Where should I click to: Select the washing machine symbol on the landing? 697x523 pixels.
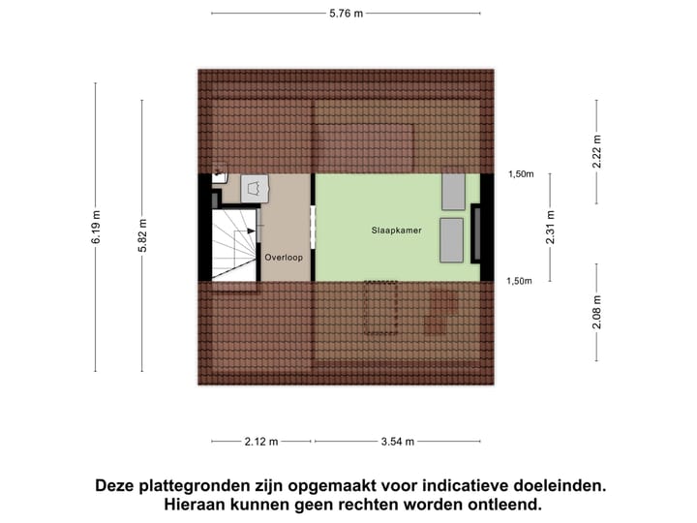(x=256, y=189)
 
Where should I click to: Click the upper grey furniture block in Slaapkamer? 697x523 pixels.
(x=453, y=193)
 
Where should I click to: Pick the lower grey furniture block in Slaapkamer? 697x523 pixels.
(x=452, y=240)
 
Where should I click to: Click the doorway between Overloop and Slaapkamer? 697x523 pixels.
(x=313, y=228)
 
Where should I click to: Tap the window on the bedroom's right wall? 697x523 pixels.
(x=476, y=233)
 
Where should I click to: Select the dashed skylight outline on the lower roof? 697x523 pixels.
(x=380, y=307)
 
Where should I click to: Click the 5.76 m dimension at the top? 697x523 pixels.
(x=346, y=14)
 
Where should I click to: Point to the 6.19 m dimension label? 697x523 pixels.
(x=96, y=228)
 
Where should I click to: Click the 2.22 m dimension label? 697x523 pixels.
(x=596, y=152)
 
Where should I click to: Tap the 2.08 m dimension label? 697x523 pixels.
(x=596, y=312)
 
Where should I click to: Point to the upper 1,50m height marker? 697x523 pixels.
(x=521, y=174)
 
